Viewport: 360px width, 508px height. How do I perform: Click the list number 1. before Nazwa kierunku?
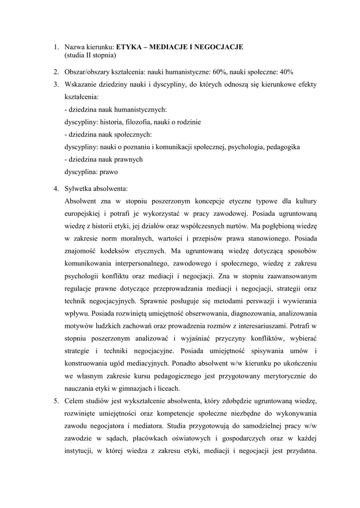(x=57, y=47)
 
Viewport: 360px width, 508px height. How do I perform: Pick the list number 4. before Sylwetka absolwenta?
(x=57, y=189)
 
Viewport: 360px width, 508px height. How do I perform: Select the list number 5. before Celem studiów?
(x=57, y=400)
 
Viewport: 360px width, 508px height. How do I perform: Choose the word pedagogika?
(x=284, y=147)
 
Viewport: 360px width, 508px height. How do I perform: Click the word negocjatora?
(x=110, y=426)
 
